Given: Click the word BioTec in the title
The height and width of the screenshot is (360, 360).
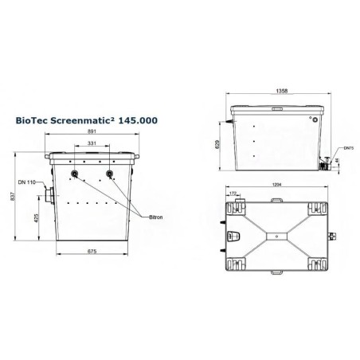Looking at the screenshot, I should [x=33, y=121].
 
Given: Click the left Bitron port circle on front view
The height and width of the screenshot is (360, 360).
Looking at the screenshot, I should [x=75, y=174].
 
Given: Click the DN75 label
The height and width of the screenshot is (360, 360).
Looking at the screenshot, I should [x=346, y=149].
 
